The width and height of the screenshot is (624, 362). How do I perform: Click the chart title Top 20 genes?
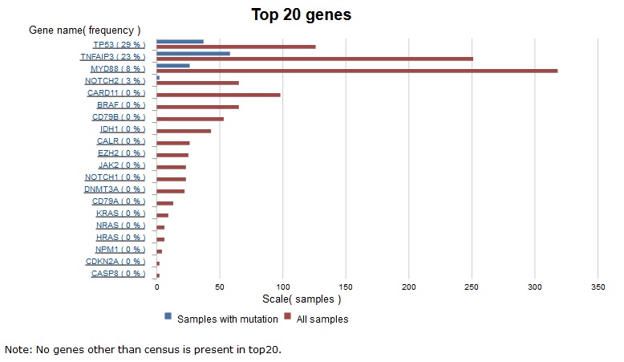point(301,14)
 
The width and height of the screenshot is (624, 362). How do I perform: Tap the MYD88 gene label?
point(118,68)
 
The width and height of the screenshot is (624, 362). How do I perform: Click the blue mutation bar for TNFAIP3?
point(193,53)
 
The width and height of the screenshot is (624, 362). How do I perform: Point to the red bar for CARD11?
point(218,95)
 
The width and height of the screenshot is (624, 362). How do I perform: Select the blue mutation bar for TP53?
point(180,41)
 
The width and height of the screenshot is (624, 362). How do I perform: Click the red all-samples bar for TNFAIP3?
point(314,59)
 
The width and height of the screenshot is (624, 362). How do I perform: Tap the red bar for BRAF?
point(197,107)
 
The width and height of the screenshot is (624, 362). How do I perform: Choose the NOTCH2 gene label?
point(115,80)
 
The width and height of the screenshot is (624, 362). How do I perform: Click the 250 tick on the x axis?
point(472,287)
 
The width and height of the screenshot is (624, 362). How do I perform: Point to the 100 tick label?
point(282,287)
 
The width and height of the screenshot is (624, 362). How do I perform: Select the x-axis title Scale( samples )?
point(302,299)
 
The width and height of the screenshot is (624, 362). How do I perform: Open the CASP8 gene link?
point(118,273)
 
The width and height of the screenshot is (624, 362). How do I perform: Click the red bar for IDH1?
point(184,131)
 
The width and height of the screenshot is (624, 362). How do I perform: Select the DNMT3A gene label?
point(115,189)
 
